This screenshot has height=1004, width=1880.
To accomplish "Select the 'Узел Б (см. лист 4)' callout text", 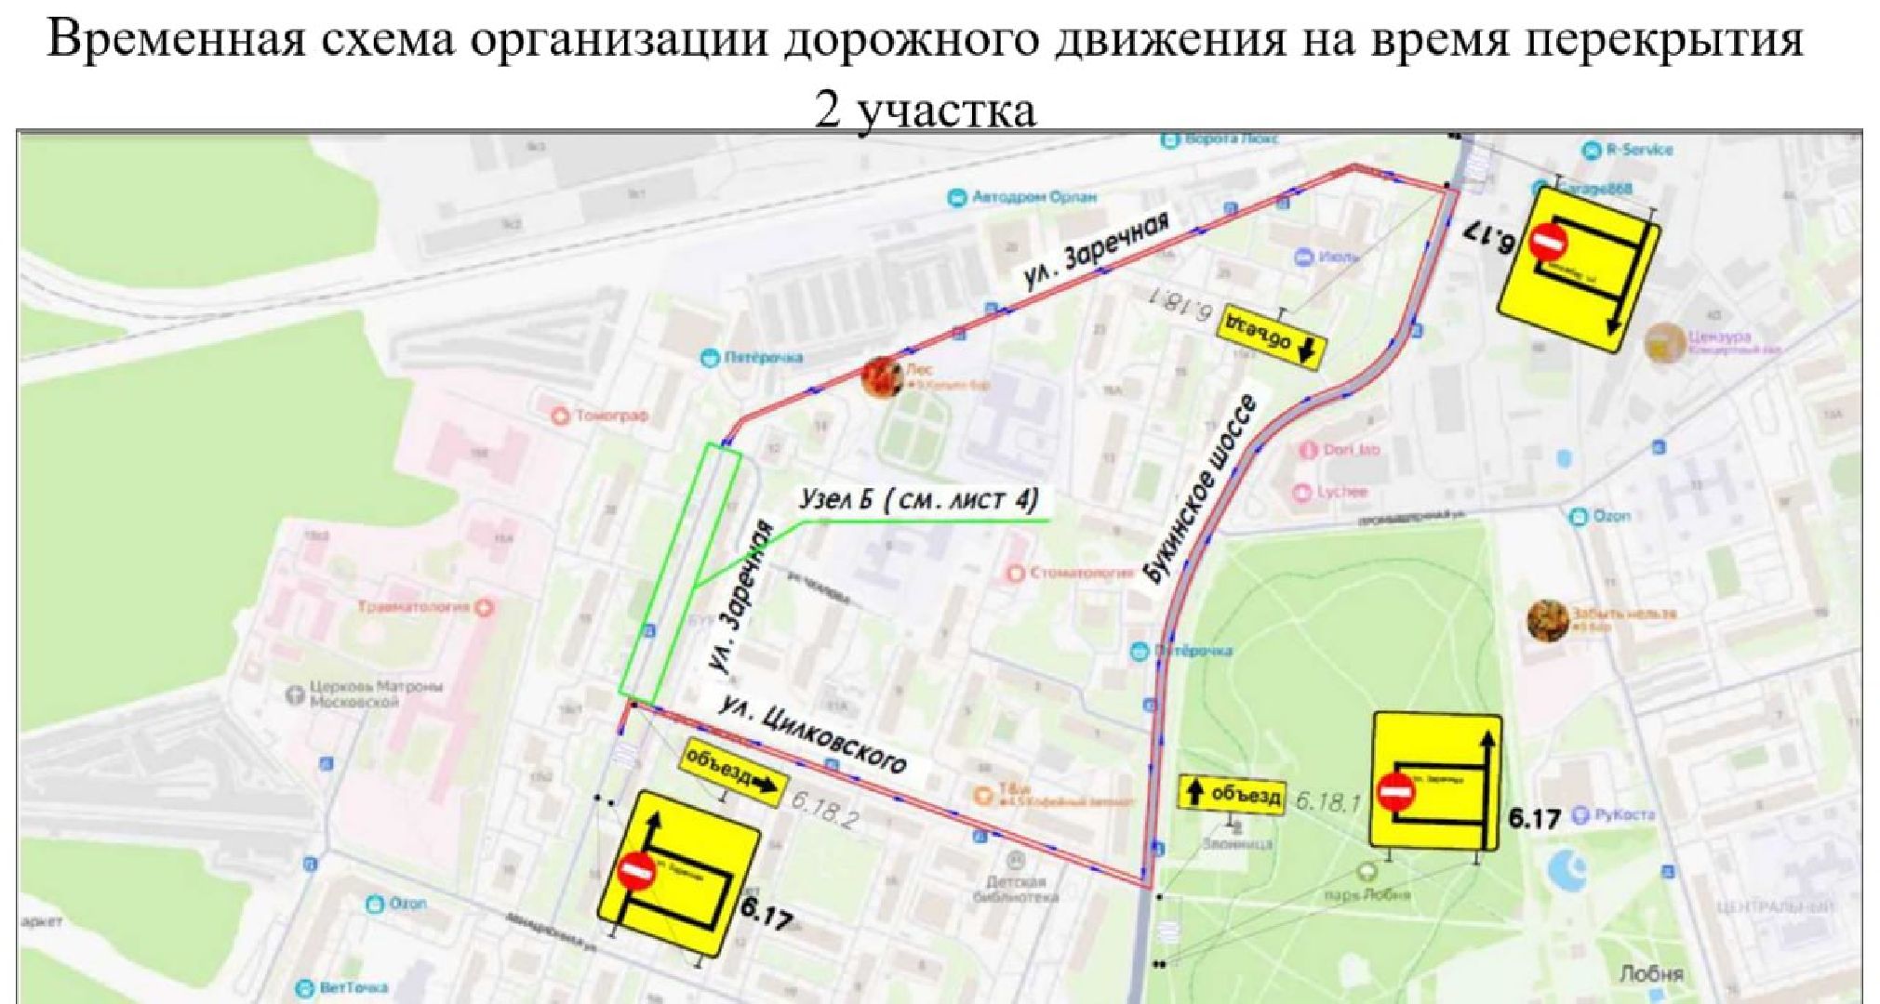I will pyautogui.click(x=918, y=500).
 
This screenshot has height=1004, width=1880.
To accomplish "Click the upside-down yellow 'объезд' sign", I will pyautogui.click(x=1271, y=335).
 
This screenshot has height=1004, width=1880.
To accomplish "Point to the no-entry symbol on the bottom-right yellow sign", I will pyautogui.click(x=1394, y=792).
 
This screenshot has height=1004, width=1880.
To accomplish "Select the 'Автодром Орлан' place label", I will pyautogui.click(x=1033, y=197).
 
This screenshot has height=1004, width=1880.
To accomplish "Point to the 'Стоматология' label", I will pyautogui.click(x=1079, y=573).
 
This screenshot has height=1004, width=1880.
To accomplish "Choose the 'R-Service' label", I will pyautogui.click(x=1638, y=149).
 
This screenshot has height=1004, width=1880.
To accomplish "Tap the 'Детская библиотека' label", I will pyautogui.click(x=1015, y=889).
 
